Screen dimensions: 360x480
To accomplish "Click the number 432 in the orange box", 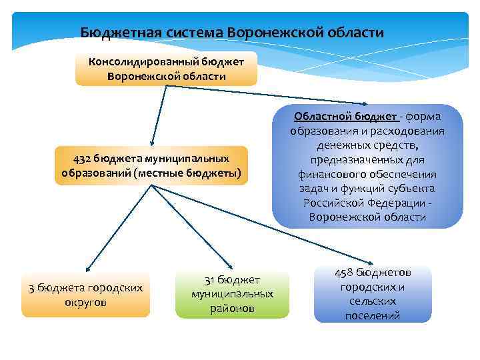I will click(x=83, y=158).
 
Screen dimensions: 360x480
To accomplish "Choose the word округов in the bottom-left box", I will click(x=87, y=302).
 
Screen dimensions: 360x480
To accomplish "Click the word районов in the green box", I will click(x=232, y=308).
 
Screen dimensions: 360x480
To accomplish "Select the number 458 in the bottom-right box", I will click(x=343, y=273).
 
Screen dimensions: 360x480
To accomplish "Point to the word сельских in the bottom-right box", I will click(x=373, y=301).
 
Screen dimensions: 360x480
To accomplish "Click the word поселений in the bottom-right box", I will click(x=373, y=315).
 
